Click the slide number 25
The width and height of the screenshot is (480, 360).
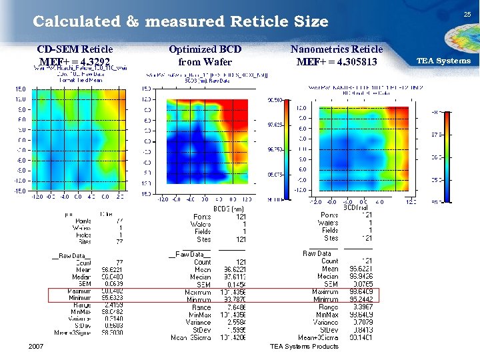467,14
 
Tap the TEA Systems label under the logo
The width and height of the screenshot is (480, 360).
443,61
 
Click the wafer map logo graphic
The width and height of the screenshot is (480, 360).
445,37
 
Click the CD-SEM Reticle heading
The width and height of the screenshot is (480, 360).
75,49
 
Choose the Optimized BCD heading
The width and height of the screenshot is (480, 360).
205,49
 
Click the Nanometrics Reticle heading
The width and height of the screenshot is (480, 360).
337,49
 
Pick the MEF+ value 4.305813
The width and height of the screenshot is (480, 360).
337,63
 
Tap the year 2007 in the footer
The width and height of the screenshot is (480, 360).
37,346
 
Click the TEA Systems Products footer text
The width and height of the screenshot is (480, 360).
304,346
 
